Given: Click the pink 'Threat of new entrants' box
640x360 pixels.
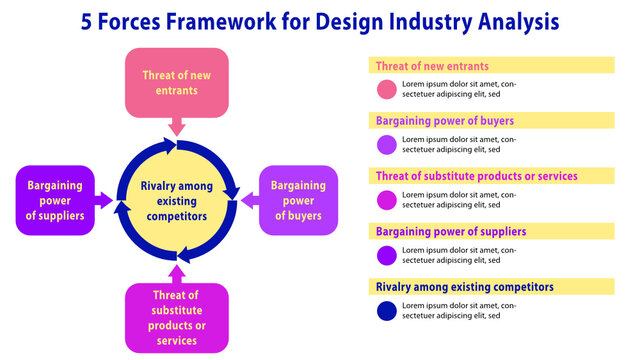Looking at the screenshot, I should point(176,82).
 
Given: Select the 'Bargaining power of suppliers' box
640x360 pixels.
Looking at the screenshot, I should point(55,200).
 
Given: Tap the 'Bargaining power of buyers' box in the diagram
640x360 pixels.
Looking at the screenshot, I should point(298,200).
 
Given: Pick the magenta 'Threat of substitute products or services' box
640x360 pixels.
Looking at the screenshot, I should point(177,317).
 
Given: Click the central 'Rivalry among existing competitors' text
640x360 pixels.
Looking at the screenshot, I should point(176,200).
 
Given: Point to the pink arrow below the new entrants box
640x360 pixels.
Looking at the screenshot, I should point(176,126).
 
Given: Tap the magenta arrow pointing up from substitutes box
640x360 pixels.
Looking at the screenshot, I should point(177,272).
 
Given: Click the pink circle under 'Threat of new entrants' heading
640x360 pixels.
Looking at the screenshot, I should point(387,90).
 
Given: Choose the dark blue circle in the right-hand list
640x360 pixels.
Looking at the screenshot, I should point(387,311).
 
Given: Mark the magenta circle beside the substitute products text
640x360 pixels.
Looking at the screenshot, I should point(387,200).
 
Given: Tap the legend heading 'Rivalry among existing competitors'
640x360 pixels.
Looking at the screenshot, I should point(464,287).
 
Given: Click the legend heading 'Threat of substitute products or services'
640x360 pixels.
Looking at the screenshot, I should point(476,176).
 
